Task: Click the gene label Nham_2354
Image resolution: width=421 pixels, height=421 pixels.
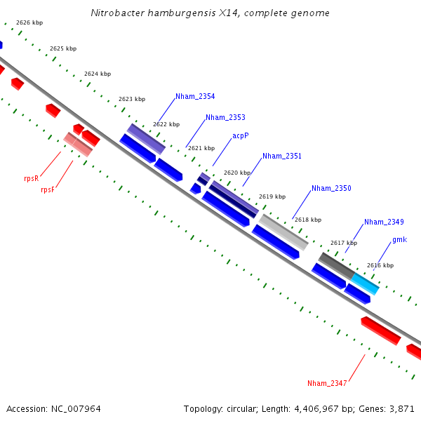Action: [195, 96]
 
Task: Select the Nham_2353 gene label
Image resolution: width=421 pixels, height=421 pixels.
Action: [225, 117]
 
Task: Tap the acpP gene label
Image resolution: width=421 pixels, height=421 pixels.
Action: [241, 136]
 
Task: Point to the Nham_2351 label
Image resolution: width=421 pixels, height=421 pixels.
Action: [282, 156]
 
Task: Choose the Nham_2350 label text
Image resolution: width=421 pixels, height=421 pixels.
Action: [331, 188]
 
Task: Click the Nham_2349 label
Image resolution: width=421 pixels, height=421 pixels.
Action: [384, 222]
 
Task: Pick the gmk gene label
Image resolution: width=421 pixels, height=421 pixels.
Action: [399, 239]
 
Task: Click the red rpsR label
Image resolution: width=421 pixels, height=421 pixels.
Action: [31, 178]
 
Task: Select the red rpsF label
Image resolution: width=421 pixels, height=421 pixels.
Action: [48, 189]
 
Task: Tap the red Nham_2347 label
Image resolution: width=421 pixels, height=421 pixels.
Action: [327, 383]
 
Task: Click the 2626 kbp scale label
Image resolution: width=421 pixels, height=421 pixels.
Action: [29, 22]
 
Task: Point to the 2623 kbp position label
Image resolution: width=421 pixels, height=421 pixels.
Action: [132, 99]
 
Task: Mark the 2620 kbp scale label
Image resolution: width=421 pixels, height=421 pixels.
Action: [237, 172]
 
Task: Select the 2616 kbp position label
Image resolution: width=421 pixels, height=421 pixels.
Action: [380, 265]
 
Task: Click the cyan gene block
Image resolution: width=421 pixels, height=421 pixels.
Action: [365, 283]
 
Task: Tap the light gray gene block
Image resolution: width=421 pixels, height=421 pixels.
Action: [283, 232]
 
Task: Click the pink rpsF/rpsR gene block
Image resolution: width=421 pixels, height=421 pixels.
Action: [78, 144]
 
